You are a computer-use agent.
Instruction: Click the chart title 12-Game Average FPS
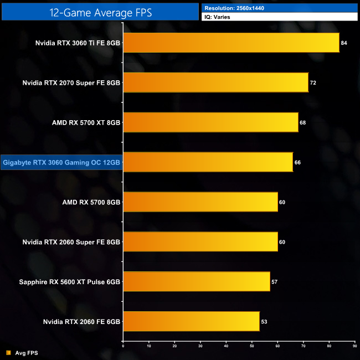[x=100, y=11]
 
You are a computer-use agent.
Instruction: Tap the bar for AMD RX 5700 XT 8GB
[x=210, y=122]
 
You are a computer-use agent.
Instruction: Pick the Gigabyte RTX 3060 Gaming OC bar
[x=208, y=162]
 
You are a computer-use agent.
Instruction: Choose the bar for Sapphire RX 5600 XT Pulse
[x=196, y=282]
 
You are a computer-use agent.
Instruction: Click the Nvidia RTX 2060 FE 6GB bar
[x=191, y=322]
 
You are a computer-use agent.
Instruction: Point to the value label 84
[x=344, y=43]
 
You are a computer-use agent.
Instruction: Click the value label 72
[x=313, y=83]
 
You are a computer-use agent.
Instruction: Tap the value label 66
[x=297, y=162]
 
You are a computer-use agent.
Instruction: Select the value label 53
[x=264, y=322]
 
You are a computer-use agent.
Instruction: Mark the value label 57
[x=274, y=282]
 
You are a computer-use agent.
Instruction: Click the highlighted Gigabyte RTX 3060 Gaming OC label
[x=61, y=162]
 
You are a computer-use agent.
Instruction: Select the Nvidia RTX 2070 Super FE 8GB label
[x=71, y=83]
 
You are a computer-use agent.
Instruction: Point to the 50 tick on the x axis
[x=252, y=346]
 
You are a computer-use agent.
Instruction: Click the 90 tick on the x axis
[x=354, y=346]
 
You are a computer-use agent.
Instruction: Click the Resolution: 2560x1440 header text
[x=233, y=8]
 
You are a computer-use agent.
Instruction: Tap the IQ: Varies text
[x=217, y=17]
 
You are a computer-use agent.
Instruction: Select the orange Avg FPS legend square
[x=8, y=353]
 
